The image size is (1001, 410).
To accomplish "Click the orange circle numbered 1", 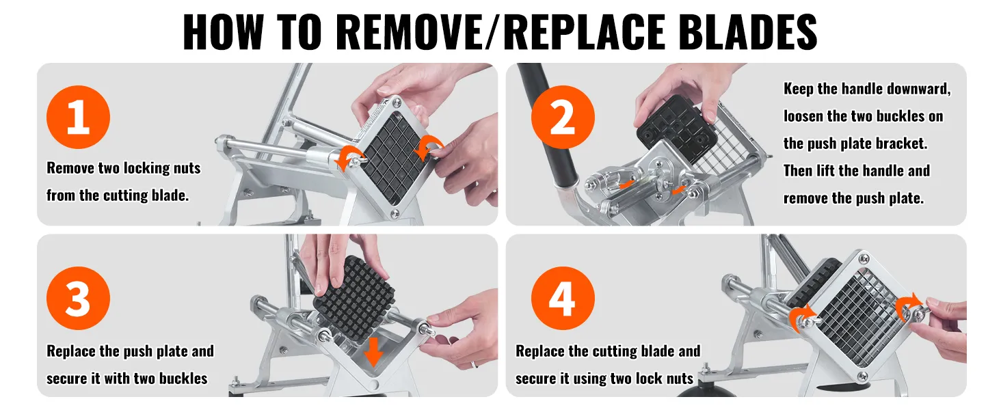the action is click(78, 117).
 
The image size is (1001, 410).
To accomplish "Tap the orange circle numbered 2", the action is click(563, 117).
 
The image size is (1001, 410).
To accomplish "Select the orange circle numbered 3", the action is click(78, 299).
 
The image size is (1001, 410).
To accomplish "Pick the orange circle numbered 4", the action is click(563, 299).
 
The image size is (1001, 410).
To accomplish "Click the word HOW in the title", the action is click(222, 32).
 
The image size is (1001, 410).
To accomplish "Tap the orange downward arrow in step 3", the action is click(373, 352).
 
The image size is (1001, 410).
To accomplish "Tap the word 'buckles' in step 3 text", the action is click(183, 379).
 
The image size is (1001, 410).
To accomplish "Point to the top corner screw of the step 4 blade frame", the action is click(864, 258).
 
